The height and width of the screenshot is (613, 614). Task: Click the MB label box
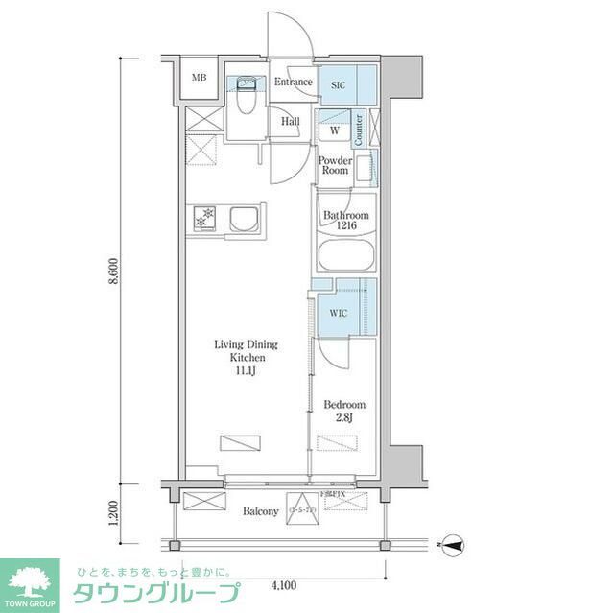click(x=199, y=78)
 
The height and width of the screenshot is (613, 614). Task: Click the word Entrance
click(x=293, y=82)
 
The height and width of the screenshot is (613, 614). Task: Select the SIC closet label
click(x=338, y=84)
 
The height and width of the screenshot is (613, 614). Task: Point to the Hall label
click(x=291, y=122)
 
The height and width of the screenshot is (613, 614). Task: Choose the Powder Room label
click(x=335, y=165)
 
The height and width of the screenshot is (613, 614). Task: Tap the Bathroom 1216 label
click(x=345, y=222)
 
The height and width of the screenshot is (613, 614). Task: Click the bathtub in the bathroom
click(x=345, y=258)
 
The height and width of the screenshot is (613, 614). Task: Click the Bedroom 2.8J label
click(x=343, y=411)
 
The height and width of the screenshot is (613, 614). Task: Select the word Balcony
click(x=259, y=511)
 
